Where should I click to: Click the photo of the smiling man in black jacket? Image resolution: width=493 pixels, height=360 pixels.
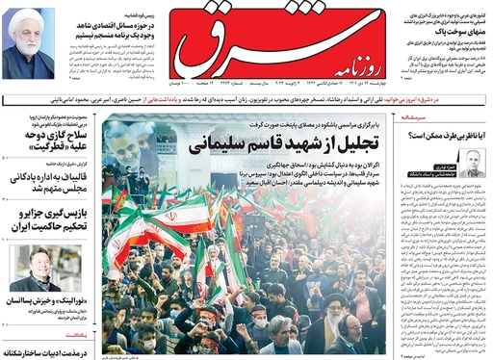pyautogui.click(x=59, y=269)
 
